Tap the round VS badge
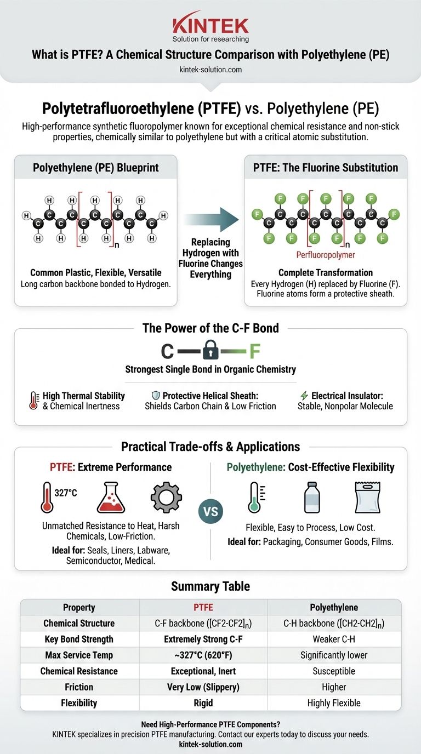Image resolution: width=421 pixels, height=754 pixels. tap(210, 512)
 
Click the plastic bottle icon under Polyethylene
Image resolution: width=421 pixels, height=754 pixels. tap(311, 497)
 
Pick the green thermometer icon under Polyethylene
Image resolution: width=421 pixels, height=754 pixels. tap(254, 497)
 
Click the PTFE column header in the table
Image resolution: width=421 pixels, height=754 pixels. tap(203, 607)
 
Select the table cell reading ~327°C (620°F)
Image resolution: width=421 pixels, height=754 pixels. tap(203, 655)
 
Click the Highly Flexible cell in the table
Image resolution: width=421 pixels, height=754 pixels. tap(334, 702)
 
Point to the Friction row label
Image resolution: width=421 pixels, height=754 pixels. tap(79, 687)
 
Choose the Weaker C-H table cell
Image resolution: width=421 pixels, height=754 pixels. tap(334, 639)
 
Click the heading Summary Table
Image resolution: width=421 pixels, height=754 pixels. tap(210, 586)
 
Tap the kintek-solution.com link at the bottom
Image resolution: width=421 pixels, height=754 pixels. tap(210, 745)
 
